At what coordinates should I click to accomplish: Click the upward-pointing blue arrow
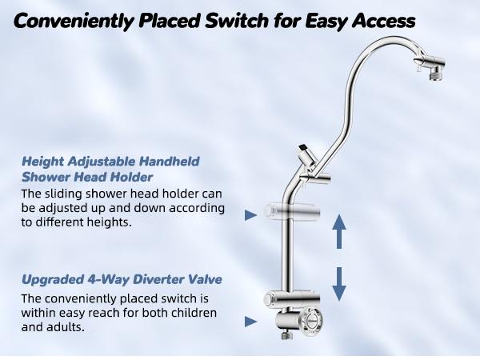tap(338, 231)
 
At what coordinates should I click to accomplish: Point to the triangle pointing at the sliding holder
tap(250, 214)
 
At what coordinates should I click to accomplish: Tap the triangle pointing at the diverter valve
tap(250, 322)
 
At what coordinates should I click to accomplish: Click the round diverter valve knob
tap(307, 326)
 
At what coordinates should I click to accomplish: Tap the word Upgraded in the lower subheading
tap(50, 280)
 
